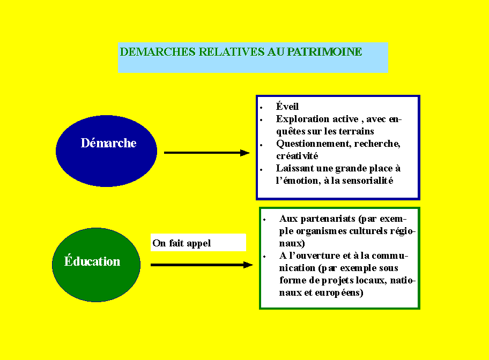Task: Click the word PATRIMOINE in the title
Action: click(x=324, y=52)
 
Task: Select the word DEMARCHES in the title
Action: click(x=158, y=52)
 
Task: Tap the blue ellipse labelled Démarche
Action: click(x=106, y=151)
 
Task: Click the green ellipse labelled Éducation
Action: click(x=96, y=265)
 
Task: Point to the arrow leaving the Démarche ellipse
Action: click(x=207, y=153)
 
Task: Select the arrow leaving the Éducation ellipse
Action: click(x=202, y=265)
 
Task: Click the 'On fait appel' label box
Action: click(x=198, y=243)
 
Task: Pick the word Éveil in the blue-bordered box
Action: click(x=287, y=106)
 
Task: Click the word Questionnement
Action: click(x=314, y=144)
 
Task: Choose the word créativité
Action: click(x=297, y=156)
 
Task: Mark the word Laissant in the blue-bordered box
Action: click(x=295, y=168)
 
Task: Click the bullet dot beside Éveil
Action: click(x=261, y=108)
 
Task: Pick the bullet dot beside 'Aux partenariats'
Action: click(x=264, y=220)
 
